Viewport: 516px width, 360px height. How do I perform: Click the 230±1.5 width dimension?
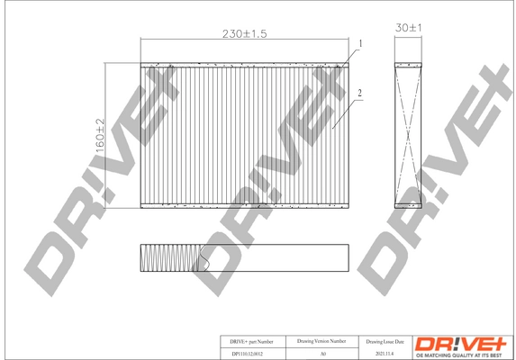point(244,33)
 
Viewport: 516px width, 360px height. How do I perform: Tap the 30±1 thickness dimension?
point(410,29)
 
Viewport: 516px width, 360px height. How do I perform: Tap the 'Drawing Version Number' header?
point(321,342)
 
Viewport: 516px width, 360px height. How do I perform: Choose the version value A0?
point(321,354)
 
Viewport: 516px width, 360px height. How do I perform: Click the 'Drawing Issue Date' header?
point(385,342)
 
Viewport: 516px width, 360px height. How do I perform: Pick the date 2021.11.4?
point(385,354)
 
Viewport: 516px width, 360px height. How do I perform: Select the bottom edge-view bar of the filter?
point(270,258)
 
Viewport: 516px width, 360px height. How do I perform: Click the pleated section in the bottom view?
point(171,258)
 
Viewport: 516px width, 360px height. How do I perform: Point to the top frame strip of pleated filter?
point(244,64)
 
